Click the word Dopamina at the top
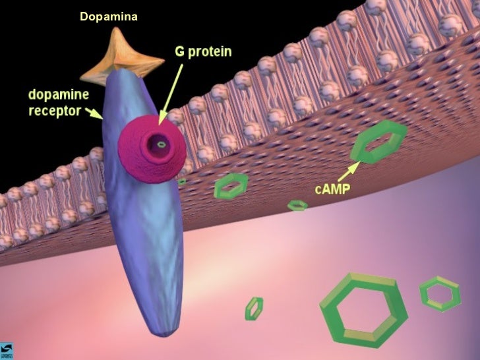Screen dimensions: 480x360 (x=109, y=16)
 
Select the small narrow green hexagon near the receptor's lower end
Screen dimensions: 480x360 (x=254, y=308)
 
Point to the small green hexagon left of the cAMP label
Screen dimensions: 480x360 (x=298, y=206)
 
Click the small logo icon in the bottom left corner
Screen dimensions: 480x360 (x=7, y=351)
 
